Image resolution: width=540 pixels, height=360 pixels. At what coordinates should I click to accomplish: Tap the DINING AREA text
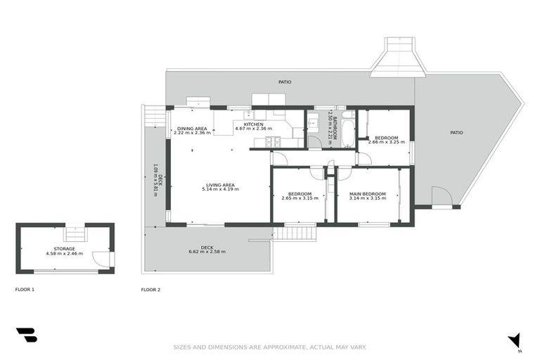point(192,128)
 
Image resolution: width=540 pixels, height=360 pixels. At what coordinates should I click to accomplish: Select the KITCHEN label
point(253,124)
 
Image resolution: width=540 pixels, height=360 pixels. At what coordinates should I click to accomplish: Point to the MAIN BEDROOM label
point(368,193)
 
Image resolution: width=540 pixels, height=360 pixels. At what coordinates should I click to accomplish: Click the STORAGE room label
point(64,248)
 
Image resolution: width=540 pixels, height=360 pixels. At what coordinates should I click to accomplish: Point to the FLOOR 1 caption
point(25,290)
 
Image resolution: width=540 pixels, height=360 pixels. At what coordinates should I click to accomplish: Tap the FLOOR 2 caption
point(150,290)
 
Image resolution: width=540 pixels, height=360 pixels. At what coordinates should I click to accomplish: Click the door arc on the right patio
point(441,197)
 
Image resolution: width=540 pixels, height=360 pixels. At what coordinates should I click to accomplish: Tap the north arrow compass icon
point(515,340)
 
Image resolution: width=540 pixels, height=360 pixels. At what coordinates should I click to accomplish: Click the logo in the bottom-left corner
point(26,335)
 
